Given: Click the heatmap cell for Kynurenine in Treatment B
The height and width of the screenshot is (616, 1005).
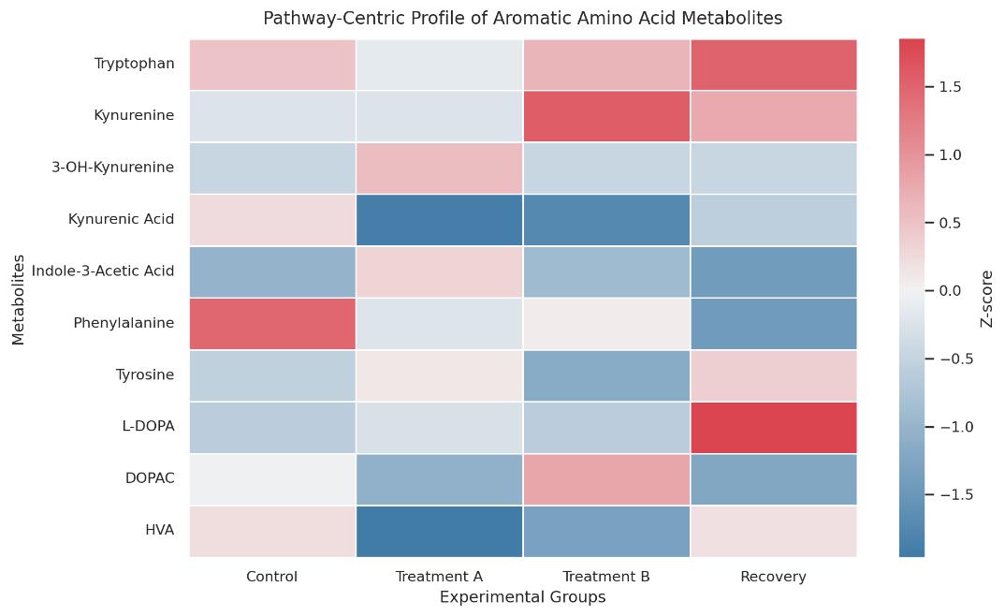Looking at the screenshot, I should point(606,116).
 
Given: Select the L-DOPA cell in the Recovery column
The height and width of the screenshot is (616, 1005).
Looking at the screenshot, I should point(773,427).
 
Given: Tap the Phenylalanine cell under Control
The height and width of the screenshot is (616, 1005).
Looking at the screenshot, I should point(272,323).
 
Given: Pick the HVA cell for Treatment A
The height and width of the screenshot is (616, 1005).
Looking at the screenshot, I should point(439,531).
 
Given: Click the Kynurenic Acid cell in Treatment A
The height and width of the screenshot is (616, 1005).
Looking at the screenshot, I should point(439,220).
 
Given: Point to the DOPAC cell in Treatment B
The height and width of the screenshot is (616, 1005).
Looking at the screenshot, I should point(606,479).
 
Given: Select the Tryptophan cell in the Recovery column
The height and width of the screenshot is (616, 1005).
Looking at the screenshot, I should point(773,65).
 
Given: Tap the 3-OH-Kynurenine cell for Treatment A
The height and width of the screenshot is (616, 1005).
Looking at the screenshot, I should point(439,168).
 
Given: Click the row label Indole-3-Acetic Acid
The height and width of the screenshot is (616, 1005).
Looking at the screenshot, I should point(103,271).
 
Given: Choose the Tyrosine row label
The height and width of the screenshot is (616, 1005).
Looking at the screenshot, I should point(146,375).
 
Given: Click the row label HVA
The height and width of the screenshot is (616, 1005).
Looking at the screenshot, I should point(160,531).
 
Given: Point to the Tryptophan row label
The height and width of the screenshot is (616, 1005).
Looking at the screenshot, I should point(134,65).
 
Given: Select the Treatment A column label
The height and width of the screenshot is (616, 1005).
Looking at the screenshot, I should point(439,576).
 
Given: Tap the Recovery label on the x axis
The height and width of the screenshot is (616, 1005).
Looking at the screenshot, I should point(773,576).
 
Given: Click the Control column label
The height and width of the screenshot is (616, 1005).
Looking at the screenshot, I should point(272,576).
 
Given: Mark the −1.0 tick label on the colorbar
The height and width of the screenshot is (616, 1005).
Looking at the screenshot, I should point(954,427).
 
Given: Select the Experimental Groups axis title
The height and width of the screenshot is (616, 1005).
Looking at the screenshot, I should point(522,596).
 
